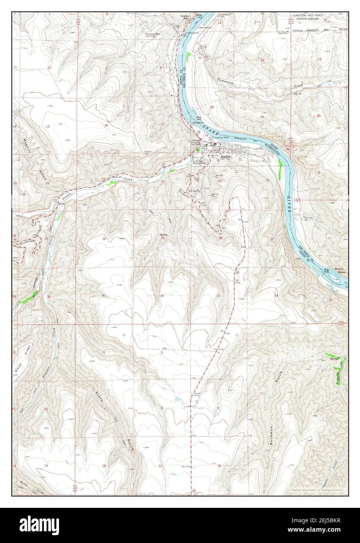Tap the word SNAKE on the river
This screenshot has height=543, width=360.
click(x=210, y=128)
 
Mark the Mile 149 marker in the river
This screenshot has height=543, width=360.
click(x=327, y=270)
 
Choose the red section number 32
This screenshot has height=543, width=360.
click(x=162, y=296)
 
